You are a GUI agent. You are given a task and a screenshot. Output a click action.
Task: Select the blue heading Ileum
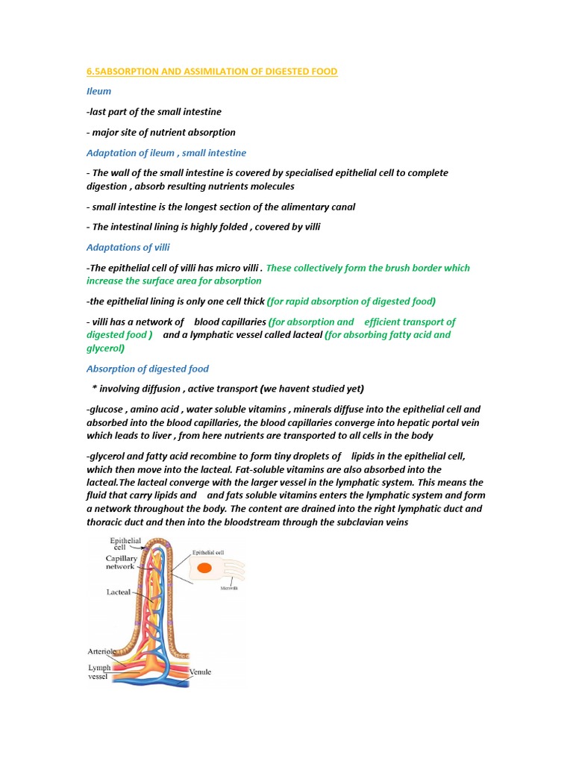point(98,91)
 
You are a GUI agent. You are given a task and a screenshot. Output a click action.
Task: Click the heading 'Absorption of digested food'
point(148,369)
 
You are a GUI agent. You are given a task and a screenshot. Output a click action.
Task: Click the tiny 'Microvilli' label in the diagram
point(230,588)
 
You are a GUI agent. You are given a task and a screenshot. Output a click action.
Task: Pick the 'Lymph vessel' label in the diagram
point(99,672)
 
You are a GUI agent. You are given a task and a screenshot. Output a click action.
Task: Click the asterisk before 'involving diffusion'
point(94,389)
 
